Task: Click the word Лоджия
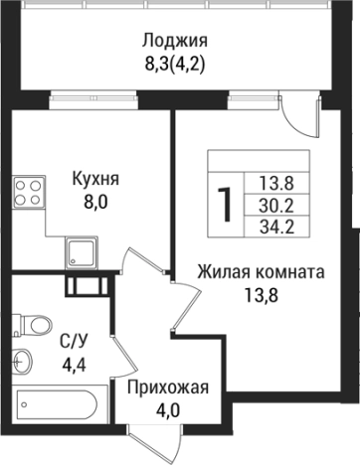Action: [x=174, y=41]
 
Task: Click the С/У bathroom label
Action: [x=73, y=340]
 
